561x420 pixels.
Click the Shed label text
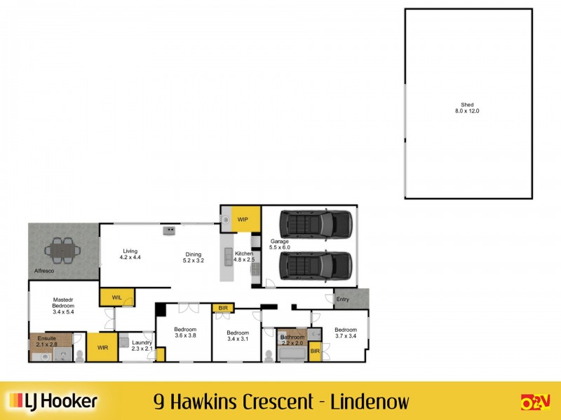468,105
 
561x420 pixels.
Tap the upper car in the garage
315,224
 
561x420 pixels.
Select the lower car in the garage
315,265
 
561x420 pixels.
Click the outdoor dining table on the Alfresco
62,248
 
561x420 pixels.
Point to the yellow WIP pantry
243,220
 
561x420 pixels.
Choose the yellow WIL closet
117,297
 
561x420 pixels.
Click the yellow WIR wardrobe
102,346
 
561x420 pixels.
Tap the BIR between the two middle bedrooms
222,307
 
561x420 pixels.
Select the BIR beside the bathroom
315,351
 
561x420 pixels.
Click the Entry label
342,300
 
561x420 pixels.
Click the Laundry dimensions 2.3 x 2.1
142,349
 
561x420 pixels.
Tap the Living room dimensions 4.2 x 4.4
130,258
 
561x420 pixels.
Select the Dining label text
193,255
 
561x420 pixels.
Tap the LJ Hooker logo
53,401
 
